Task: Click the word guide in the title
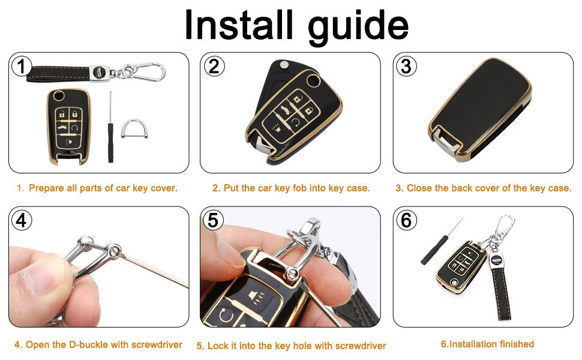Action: pyautogui.click(x=359, y=27)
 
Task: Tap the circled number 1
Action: pyautogui.click(x=22, y=67)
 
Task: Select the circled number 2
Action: pyautogui.click(x=214, y=67)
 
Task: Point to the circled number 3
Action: pyautogui.click(x=406, y=67)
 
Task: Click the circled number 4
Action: pyautogui.click(x=22, y=220)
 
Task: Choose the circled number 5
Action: pyautogui.click(x=213, y=220)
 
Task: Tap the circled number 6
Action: pyautogui.click(x=406, y=220)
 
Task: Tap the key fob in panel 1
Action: pyautogui.click(x=68, y=126)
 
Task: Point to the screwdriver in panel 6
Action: pyautogui.click(x=442, y=241)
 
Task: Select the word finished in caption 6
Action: pyautogui.click(x=516, y=344)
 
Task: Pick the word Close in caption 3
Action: pyautogui.click(x=419, y=188)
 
